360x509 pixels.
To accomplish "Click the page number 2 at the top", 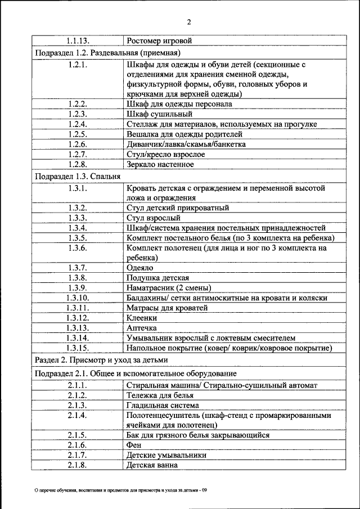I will (189, 22).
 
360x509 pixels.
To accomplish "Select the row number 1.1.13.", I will (77, 41).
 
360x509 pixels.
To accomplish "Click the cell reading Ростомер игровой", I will (160, 41).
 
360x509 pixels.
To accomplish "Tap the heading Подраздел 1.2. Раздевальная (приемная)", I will (107, 53).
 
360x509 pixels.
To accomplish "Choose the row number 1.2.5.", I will (77, 134).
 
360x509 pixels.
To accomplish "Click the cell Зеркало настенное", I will (160, 164).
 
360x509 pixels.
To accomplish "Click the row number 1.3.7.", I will (77, 268).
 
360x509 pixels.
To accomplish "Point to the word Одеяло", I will (140, 268).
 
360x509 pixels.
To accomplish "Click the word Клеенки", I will (142, 318).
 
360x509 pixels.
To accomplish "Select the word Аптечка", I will (142, 328).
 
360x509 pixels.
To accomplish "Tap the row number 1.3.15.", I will (77, 348).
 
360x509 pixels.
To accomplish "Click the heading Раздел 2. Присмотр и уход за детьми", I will (101, 360).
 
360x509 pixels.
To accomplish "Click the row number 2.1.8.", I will (77, 465).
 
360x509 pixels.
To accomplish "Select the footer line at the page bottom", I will (121, 490).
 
